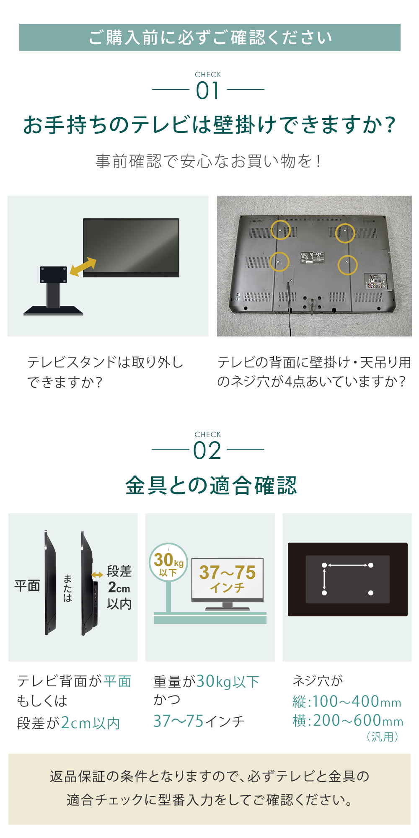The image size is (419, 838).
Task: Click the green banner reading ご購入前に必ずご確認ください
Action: click(x=209, y=38)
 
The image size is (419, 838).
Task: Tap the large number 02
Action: click(x=207, y=451)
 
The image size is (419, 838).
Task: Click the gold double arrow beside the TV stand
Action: click(x=83, y=267)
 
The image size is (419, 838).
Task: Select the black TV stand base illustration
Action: click(x=53, y=310)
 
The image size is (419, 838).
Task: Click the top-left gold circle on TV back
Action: click(x=280, y=230)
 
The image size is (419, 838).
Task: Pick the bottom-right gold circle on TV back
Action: click(x=347, y=265)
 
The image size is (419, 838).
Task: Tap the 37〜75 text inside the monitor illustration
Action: click(x=227, y=572)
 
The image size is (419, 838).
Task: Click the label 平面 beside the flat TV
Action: click(x=27, y=586)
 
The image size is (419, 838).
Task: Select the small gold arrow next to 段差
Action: click(x=97, y=575)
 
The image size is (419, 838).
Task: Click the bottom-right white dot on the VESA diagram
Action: click(x=370, y=593)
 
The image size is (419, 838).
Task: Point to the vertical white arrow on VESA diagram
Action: click(x=324, y=579)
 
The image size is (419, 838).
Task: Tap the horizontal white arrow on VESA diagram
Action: click(x=347, y=565)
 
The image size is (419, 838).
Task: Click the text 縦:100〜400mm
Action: click(x=347, y=701)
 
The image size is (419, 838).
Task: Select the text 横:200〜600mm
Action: click(x=348, y=721)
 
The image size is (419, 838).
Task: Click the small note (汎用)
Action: click(x=382, y=737)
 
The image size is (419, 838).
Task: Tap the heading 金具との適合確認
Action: click(x=211, y=486)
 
